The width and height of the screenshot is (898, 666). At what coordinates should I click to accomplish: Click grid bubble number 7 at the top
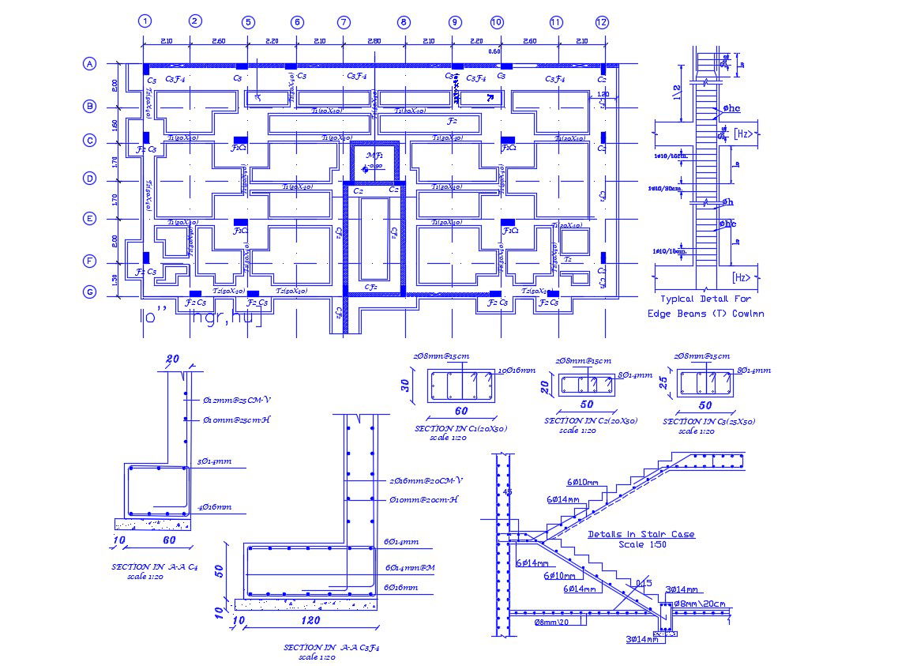pyautogui.click(x=344, y=22)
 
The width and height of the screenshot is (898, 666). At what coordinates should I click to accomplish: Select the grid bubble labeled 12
pyautogui.click(x=602, y=22)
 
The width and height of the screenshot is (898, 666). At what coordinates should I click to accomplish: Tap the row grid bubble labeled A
pyautogui.click(x=90, y=65)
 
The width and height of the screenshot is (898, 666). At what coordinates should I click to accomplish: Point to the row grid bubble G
pyautogui.click(x=90, y=292)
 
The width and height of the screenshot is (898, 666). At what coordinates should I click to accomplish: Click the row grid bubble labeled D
pyautogui.click(x=90, y=179)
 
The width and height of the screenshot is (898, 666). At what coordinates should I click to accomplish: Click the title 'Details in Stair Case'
pyautogui.click(x=641, y=534)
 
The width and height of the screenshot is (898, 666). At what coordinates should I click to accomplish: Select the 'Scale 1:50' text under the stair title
pyautogui.click(x=641, y=544)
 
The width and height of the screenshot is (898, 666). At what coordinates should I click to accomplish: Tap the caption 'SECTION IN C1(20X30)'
pyautogui.click(x=460, y=428)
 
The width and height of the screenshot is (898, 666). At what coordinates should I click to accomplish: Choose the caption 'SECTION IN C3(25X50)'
pyautogui.click(x=709, y=421)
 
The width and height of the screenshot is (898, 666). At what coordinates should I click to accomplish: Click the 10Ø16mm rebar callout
pyautogui.click(x=517, y=371)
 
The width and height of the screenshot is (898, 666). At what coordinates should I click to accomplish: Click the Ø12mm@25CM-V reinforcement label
pyautogui.click(x=236, y=399)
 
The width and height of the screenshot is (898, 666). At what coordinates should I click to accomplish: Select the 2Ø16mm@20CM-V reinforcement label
pyautogui.click(x=426, y=480)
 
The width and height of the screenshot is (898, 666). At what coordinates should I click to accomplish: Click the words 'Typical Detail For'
pyautogui.click(x=705, y=299)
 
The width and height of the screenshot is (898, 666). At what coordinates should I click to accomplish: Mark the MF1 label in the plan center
pyautogui.click(x=374, y=156)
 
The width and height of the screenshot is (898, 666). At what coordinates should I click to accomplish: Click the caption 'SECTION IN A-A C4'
pyautogui.click(x=155, y=566)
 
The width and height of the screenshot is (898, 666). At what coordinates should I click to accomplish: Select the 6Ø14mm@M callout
pyautogui.click(x=411, y=567)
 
